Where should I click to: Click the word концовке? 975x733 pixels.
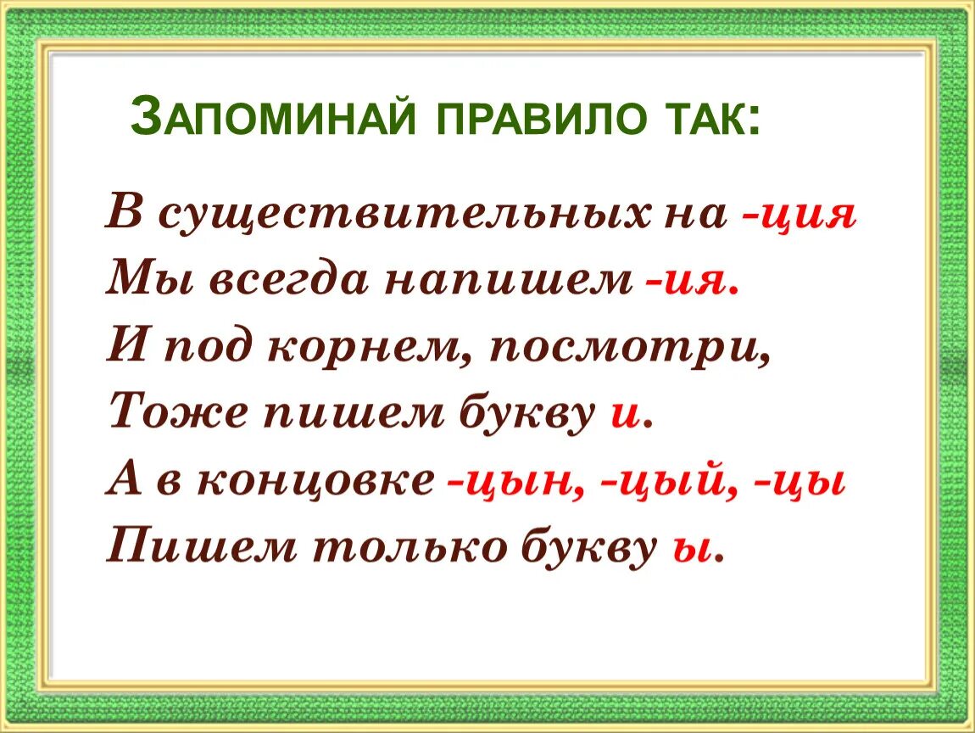click(x=317, y=481)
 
